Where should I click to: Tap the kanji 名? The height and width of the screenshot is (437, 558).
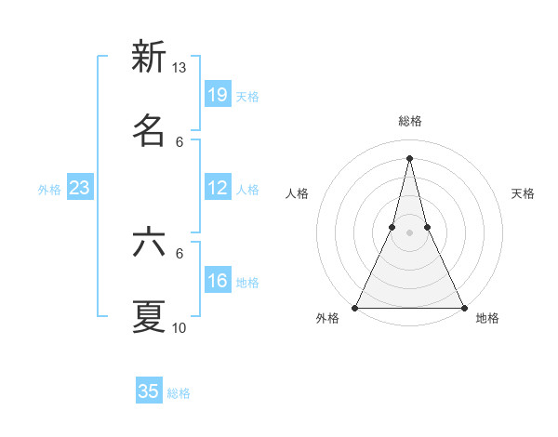point(148,129)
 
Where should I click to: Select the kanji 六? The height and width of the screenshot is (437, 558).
point(148,243)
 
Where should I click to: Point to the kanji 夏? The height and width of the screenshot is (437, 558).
point(148,316)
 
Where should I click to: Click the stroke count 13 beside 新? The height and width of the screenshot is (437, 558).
point(179,68)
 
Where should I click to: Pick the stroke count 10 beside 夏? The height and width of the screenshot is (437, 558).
point(179,328)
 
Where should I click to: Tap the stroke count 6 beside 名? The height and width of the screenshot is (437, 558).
point(179,141)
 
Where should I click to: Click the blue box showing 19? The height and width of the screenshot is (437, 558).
point(218,94)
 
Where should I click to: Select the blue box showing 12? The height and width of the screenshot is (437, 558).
point(218,188)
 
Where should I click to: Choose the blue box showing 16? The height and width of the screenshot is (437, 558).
point(218,281)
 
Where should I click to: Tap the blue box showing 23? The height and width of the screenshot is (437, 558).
point(80,188)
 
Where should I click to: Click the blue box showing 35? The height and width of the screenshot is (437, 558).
point(149,391)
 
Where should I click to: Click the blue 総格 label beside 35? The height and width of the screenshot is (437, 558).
point(179,393)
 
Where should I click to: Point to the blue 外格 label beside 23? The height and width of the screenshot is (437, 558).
point(49,190)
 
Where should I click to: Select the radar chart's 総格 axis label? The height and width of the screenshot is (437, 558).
point(410,121)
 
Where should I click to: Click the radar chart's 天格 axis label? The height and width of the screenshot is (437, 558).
point(523,193)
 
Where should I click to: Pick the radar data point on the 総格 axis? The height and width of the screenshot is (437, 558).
point(409,157)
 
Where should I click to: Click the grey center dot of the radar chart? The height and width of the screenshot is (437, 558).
point(409,233)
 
